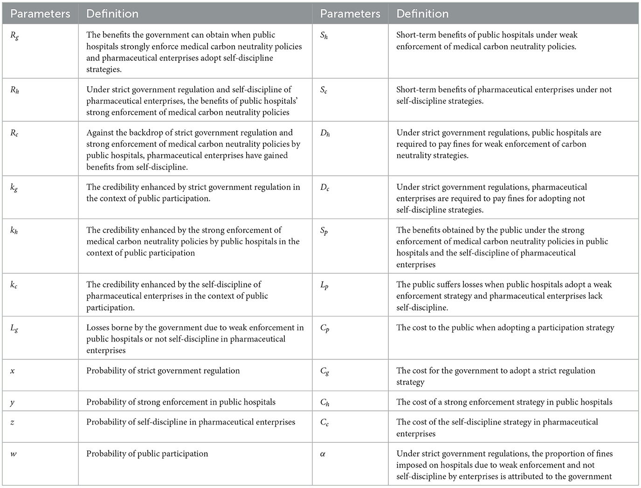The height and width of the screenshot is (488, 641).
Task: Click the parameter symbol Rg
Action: point(14,35)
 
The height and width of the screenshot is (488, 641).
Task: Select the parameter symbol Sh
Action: point(324,35)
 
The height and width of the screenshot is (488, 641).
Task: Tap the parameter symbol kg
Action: point(14,188)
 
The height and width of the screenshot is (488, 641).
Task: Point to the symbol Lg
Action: point(14,328)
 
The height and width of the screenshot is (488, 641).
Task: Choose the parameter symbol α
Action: point(323,454)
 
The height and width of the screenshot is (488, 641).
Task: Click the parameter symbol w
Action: point(14,454)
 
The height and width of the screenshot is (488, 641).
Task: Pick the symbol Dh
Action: point(324,133)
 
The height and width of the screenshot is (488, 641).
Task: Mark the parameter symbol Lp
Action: point(324,285)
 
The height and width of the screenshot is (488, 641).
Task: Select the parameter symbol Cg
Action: point(324,371)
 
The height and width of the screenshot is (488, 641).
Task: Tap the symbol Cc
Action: point(324,423)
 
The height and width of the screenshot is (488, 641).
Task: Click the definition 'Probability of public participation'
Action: point(147,454)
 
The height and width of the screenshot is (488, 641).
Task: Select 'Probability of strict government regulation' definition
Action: point(163,371)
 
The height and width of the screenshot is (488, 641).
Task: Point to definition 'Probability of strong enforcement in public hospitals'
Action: point(180,402)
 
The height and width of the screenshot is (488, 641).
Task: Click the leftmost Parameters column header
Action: point(40,14)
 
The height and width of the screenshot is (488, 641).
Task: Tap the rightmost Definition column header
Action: point(422,14)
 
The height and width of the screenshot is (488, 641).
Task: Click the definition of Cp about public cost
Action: point(505,328)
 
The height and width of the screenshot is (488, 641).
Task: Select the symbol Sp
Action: point(324,231)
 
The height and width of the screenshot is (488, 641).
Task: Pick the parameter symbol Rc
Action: point(14,133)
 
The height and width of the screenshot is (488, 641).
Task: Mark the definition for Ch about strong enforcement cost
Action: point(504,402)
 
